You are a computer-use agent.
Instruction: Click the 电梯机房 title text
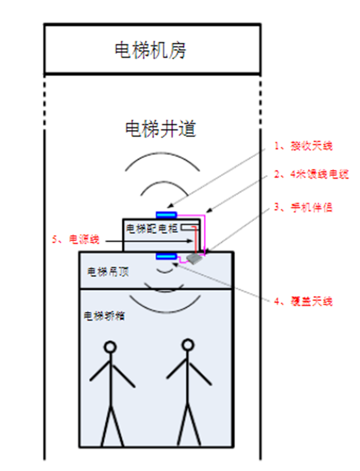click(x=150, y=50)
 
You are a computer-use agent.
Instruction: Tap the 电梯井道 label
click(x=160, y=128)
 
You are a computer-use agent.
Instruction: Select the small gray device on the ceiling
click(x=194, y=259)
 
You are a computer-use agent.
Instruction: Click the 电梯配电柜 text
click(x=152, y=229)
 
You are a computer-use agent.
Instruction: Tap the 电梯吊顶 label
click(x=108, y=271)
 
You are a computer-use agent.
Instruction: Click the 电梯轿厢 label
click(x=104, y=316)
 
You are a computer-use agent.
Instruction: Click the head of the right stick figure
click(x=188, y=344)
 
